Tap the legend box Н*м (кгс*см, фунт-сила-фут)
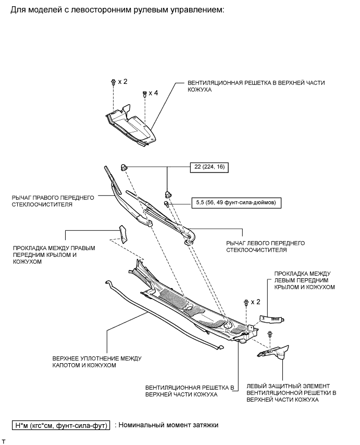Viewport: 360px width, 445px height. (61, 425)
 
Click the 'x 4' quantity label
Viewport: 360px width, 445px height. (153, 93)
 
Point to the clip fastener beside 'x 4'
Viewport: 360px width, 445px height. (144, 94)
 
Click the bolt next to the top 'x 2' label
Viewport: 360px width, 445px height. (113, 82)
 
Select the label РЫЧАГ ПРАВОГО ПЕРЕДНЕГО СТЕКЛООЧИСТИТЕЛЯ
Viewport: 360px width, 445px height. (52, 201)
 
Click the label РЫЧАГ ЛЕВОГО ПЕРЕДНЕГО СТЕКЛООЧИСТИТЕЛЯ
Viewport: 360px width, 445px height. (265, 246)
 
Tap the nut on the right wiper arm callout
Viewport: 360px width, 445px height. (125, 167)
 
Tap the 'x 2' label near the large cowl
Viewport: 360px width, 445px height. (255, 302)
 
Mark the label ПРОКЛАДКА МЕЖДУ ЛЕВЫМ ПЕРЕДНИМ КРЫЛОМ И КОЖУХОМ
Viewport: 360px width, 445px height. (304, 280)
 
